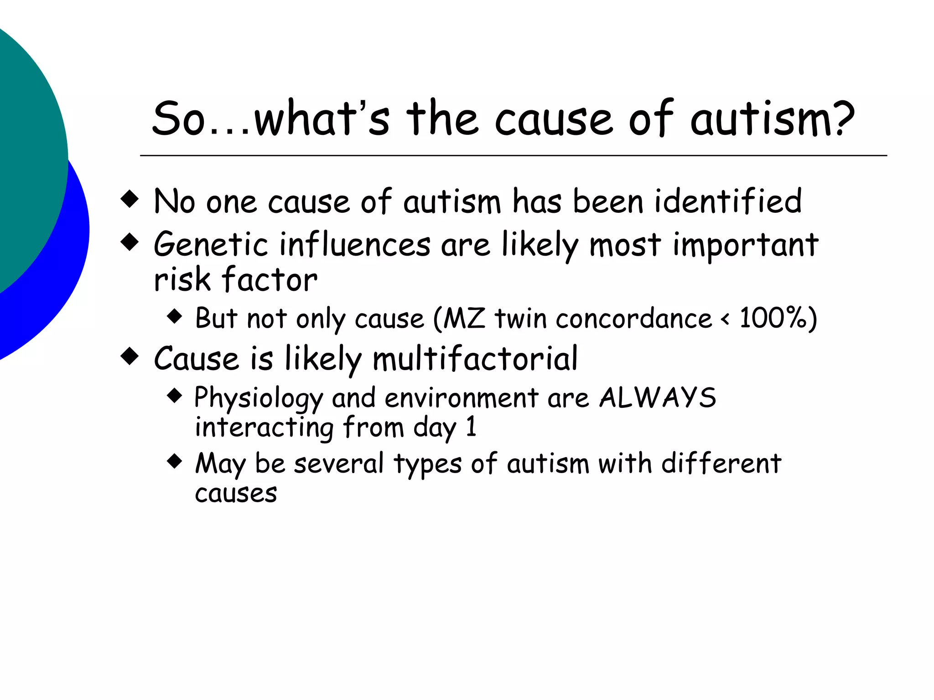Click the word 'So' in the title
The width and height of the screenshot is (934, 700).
pos(178,119)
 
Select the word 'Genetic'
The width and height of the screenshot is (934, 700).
pos(211,245)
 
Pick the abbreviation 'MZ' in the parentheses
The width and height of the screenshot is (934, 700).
pos(464,318)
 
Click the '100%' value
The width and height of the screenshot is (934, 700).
pos(773,318)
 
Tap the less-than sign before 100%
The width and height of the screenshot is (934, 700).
pos(725,319)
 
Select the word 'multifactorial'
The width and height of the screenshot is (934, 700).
pos(475,359)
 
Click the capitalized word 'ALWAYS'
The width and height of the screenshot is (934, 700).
pos(658,398)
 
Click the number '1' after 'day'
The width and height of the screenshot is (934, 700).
pos(471,427)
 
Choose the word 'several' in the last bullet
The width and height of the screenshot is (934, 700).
pos(339,464)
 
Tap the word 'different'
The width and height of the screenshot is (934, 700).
pos(721,464)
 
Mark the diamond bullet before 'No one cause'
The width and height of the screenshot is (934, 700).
pos(130,199)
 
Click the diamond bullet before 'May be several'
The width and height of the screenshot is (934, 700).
pos(175,461)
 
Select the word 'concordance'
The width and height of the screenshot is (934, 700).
pos(633,318)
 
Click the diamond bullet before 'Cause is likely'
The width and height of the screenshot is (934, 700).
pos(130,356)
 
